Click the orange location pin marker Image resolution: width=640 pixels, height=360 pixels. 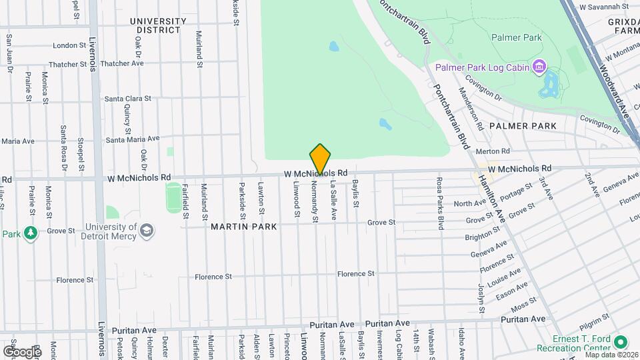point(320,159)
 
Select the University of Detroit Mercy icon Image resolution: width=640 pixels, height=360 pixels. point(147,231)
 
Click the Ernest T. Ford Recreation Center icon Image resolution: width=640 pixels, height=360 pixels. point(621,342)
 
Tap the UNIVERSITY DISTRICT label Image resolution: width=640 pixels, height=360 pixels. point(158,25)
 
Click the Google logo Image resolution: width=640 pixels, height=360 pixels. point(22,351)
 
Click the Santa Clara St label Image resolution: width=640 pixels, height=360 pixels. point(128,99)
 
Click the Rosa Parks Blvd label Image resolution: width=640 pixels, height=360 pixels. point(440,203)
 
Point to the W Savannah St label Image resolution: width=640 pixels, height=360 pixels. point(604,6)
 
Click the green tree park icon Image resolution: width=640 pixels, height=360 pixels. point(30,233)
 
